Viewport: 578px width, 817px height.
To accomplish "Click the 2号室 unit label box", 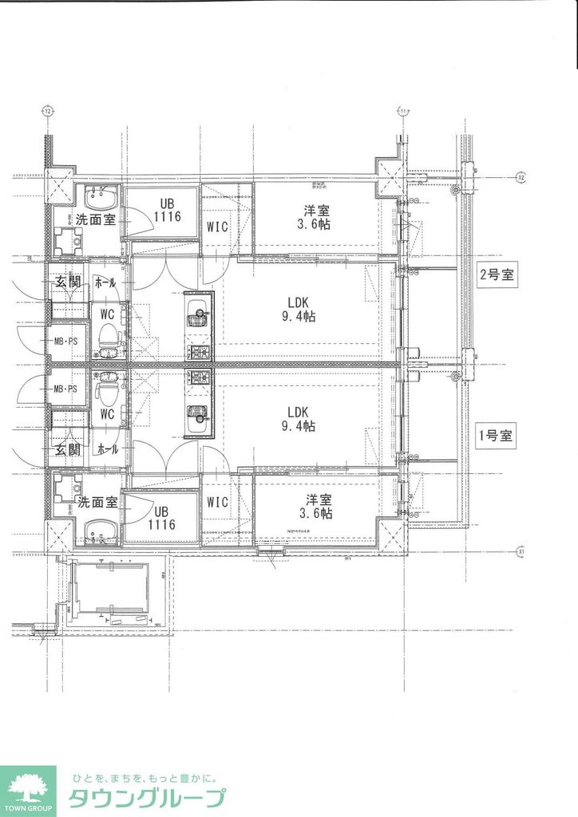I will click(x=497, y=277).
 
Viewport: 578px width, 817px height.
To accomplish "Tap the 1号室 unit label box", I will click(x=497, y=436).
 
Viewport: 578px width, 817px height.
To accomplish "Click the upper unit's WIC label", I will click(x=217, y=227).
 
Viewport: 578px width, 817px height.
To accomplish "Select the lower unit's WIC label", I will click(x=217, y=502).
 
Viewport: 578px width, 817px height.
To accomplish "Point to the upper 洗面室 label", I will click(x=96, y=219).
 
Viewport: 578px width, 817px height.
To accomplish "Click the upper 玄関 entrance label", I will click(x=67, y=282).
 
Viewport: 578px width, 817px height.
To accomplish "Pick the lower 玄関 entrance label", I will click(x=67, y=449).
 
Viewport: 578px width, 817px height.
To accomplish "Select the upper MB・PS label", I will click(x=65, y=342).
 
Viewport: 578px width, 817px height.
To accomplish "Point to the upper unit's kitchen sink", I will click(x=196, y=320).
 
